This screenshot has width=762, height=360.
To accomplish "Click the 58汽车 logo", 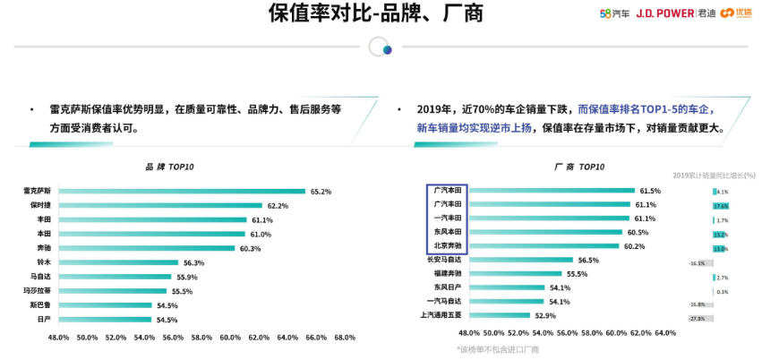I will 614,13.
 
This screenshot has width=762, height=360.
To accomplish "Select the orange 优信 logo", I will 735,13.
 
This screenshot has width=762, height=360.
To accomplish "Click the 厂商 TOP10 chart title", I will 578,167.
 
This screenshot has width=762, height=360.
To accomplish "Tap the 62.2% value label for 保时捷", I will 278,205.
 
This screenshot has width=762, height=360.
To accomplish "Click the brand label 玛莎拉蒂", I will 39,291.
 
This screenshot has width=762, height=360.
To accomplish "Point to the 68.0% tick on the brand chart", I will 345,338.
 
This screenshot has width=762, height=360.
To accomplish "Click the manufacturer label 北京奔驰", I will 447,246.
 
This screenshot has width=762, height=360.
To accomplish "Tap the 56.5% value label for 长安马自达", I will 588,260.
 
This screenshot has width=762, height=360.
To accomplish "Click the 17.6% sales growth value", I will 721,205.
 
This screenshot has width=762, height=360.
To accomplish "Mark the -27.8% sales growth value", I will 698,318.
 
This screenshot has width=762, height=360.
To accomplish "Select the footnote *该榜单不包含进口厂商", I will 498,349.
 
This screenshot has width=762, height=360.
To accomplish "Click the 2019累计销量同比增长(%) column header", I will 714,175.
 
